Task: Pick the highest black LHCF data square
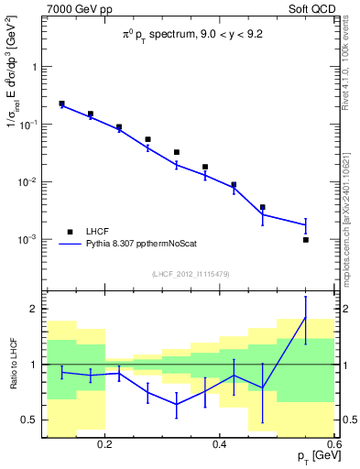(x=61, y=104)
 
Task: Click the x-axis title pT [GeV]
(x=311, y=457)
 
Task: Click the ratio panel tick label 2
(x=35, y=309)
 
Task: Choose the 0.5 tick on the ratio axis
(x=31, y=420)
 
